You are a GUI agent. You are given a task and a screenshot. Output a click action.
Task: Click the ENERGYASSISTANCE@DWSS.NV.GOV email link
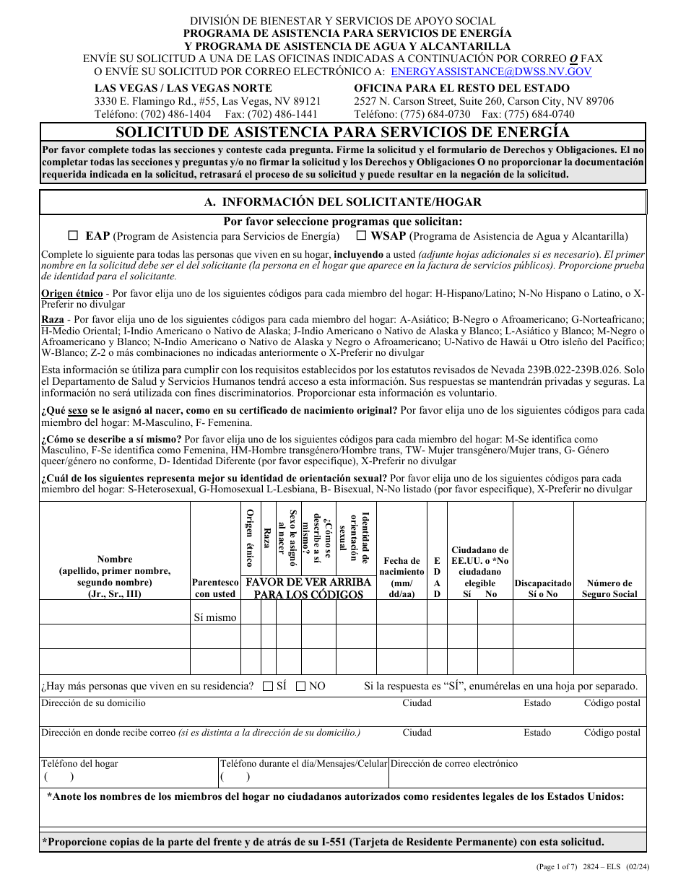[x=491, y=71]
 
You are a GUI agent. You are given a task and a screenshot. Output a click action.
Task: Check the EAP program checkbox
[x=73, y=235]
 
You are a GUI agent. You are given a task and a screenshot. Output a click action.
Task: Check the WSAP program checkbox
[x=360, y=235]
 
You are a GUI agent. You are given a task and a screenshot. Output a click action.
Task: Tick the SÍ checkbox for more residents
[x=268, y=687]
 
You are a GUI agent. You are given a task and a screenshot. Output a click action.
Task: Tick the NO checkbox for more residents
[x=301, y=687]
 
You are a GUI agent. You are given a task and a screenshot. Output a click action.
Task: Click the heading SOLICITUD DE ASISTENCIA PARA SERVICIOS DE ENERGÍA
[x=342, y=132]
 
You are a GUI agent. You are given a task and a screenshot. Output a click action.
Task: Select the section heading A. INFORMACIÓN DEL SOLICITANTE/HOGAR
[x=342, y=202]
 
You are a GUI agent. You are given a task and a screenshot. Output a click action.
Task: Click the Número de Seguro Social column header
[x=609, y=588]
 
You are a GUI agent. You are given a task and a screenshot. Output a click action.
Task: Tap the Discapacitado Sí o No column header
[x=543, y=588]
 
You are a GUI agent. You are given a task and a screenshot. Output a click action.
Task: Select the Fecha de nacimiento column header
[x=402, y=577]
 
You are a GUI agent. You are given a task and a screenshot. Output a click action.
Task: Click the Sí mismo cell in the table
[x=214, y=617]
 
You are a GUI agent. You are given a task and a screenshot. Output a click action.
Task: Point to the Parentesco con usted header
[x=214, y=588]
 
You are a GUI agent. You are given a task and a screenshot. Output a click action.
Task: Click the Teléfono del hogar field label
[x=79, y=763]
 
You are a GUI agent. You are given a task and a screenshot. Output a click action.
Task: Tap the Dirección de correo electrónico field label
[x=454, y=763]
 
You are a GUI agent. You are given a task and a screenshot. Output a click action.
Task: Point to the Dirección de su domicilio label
[x=93, y=702]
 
